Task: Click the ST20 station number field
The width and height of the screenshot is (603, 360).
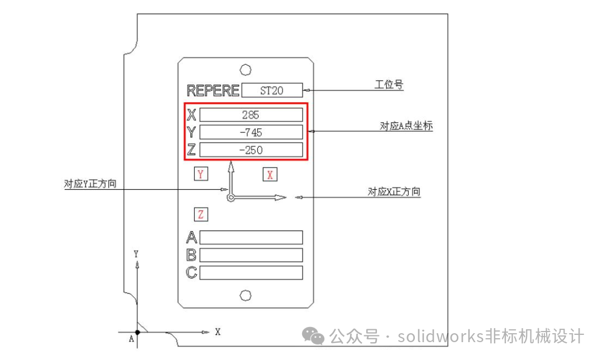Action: pos(272,90)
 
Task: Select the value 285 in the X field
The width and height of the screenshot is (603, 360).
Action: pos(251,114)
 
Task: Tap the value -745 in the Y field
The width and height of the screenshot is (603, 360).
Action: pos(251,132)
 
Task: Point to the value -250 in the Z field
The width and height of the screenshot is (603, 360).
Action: pos(251,150)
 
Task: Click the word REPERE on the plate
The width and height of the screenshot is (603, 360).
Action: pos(213,91)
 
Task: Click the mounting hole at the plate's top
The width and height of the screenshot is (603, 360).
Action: pos(245,70)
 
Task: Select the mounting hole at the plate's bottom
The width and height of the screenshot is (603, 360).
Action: pos(245,295)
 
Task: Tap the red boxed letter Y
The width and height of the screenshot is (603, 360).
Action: pos(201,174)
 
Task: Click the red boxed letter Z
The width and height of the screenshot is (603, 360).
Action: pos(201,214)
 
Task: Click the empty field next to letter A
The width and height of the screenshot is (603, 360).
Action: pos(251,237)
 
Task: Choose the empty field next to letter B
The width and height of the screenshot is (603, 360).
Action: pos(251,255)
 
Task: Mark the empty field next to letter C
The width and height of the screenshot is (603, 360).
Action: pos(251,273)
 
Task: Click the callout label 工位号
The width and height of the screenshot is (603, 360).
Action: pos(389,84)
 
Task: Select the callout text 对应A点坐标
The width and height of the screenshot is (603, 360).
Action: pos(406,126)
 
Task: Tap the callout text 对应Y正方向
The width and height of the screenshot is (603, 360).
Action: pos(90,184)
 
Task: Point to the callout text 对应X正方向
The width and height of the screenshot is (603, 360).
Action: pos(394,191)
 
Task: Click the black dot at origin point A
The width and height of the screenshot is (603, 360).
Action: pos(137,332)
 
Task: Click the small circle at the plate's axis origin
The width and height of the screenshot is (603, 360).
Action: pos(231,198)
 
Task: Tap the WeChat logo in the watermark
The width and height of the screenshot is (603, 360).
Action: pos(313,336)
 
